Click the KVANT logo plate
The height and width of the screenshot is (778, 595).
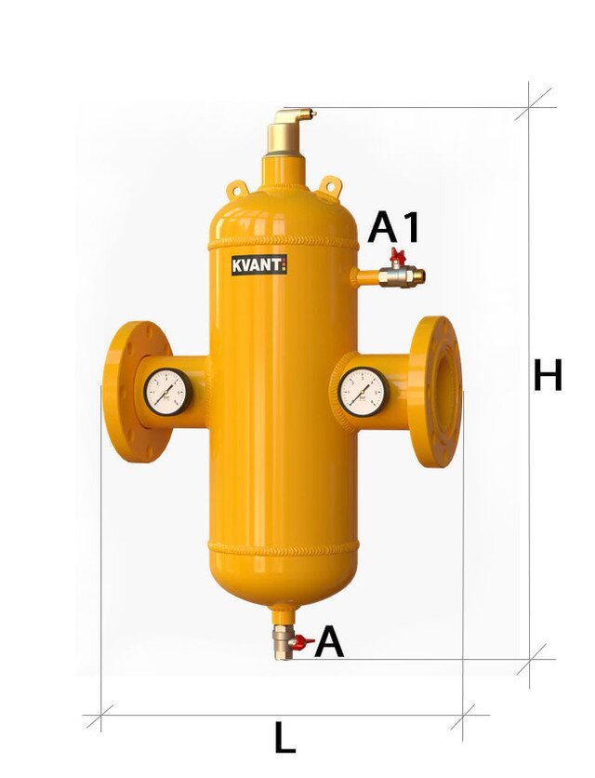(258, 264)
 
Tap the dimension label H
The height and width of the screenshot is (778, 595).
(548, 375)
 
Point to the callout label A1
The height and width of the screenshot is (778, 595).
(393, 227)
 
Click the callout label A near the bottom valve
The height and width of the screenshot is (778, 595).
(329, 641)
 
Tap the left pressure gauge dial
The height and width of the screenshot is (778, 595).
(167, 392)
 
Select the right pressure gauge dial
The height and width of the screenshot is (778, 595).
(363, 392)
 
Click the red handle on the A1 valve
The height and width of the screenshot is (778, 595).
(398, 255)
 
